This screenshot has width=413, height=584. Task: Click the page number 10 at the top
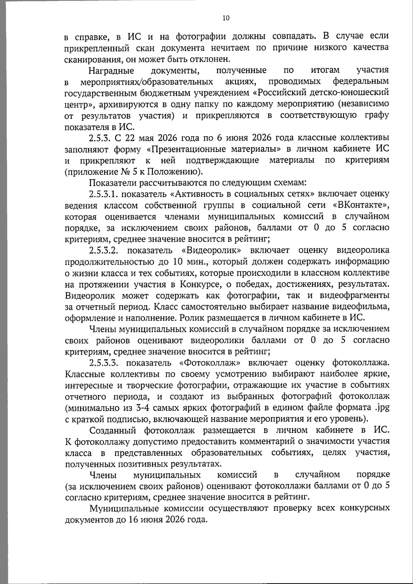tap(226, 18)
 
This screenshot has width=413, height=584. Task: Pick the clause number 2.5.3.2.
tap(103, 250)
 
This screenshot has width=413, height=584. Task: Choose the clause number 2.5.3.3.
tap(103, 363)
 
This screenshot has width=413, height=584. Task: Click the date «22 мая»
tap(140, 138)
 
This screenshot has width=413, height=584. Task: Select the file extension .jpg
tap(382, 408)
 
